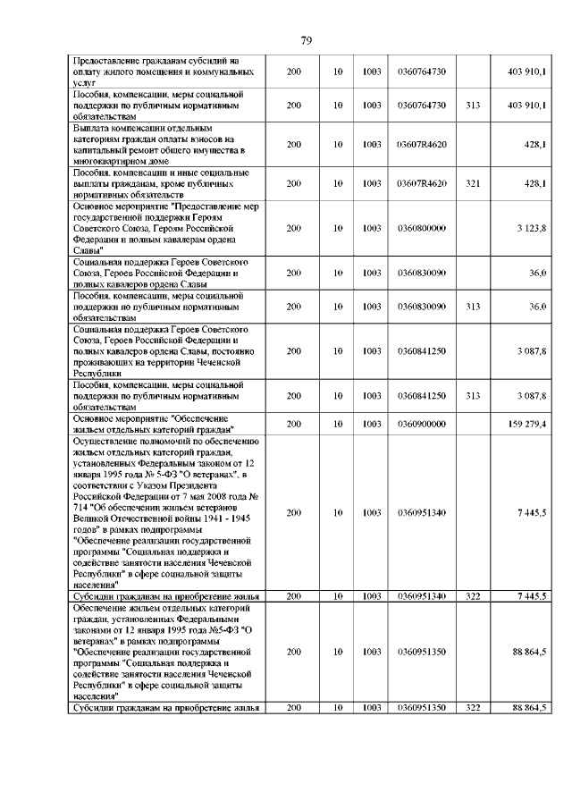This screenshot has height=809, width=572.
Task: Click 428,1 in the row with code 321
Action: [535, 183]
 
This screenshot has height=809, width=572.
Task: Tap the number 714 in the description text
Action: [81, 507]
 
